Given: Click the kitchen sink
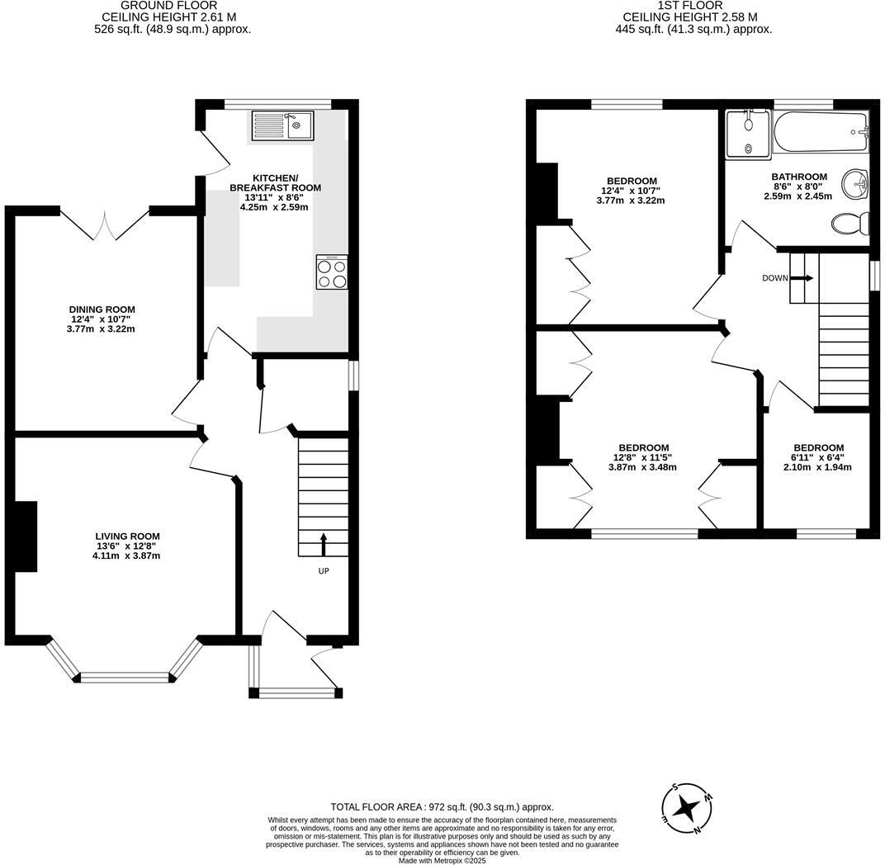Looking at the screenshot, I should tap(281, 125).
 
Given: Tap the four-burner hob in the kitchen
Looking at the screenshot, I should tap(332, 272).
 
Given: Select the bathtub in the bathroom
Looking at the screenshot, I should tap(821, 132).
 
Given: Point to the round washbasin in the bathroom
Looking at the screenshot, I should tap(855, 182).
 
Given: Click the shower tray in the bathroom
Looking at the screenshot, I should tap(747, 135).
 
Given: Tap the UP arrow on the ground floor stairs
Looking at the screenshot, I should tap(323, 544).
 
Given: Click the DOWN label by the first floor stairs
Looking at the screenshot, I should tap(774, 278).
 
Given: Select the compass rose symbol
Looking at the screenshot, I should tap(686, 808).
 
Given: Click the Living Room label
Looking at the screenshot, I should tap(127, 536).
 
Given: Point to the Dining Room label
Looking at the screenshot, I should tap(102, 310).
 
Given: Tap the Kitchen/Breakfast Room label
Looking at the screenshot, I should tap(275, 183).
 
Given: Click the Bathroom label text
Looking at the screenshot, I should tap(798, 177).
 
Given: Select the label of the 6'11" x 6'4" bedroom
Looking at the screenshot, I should tap(818, 448).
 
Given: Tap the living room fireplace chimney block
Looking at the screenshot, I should tap(25, 536).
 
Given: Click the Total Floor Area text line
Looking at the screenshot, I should tap(442, 806).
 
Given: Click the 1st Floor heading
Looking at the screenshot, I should tap(690, 6).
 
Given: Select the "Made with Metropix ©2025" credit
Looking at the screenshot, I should tap(442, 860).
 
